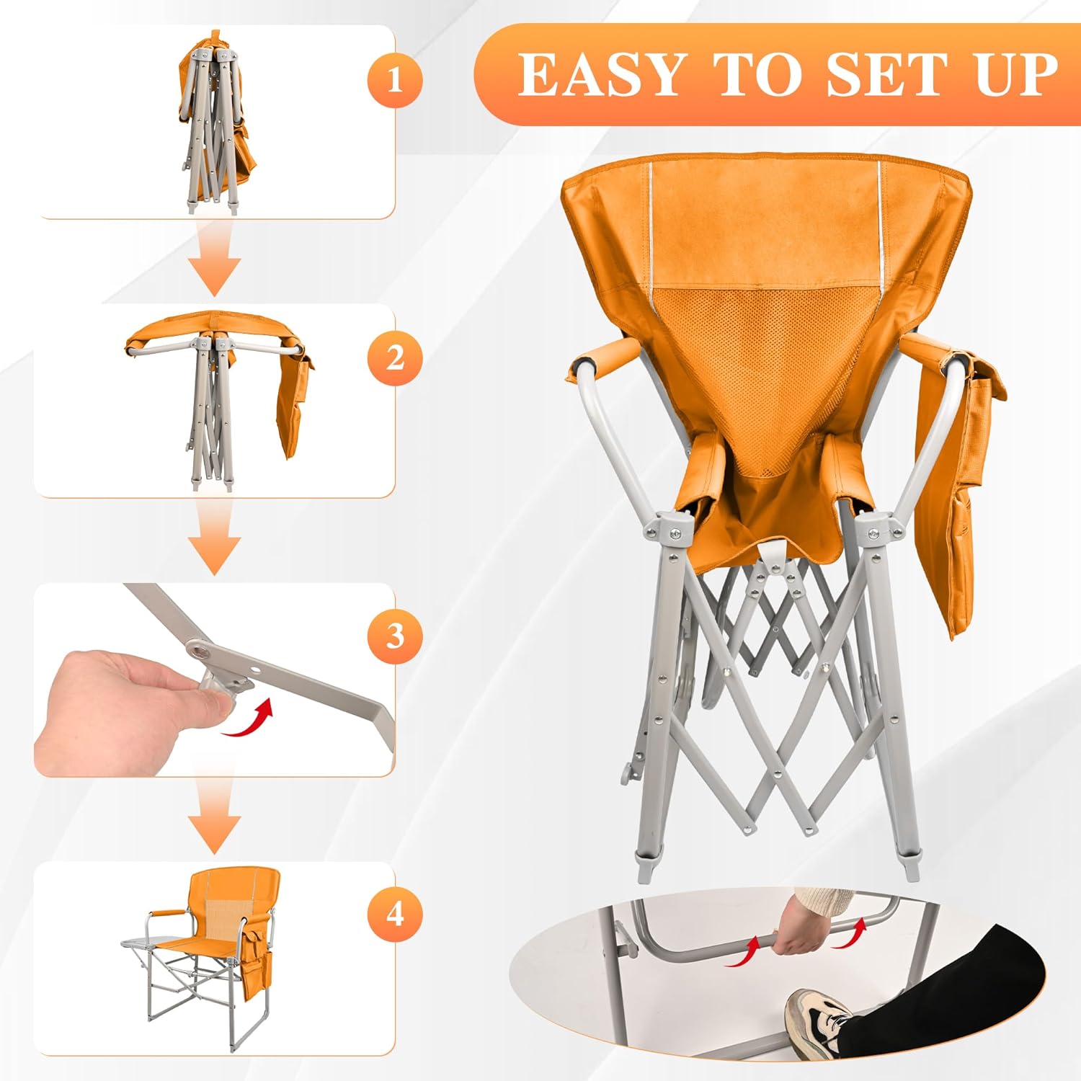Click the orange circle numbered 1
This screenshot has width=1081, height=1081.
coord(394,80)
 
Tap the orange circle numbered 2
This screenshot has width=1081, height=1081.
coord(394,358)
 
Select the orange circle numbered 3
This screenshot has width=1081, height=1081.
coord(394,636)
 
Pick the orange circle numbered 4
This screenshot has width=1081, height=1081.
coord(394,915)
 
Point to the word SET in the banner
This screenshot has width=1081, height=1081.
coord(884,74)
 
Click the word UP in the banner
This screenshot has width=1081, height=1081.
coord(1017,74)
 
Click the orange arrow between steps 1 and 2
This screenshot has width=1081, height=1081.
coord(215,260)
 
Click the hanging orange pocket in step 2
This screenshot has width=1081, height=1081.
coord(295,404)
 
